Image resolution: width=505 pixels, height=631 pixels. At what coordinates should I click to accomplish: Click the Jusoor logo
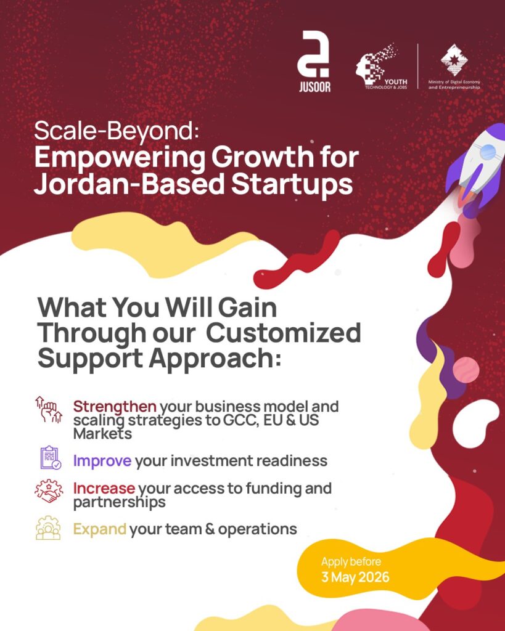pyautogui.click(x=314, y=62)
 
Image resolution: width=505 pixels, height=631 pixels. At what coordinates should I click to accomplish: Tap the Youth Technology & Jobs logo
pyautogui.click(x=381, y=66)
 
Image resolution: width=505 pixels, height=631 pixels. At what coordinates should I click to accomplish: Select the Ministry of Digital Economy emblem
pyautogui.click(x=454, y=60)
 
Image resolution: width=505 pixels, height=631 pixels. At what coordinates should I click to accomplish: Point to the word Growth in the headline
pyautogui.click(x=262, y=157)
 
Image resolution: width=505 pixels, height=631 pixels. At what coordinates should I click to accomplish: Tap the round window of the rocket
pyautogui.click(x=488, y=152)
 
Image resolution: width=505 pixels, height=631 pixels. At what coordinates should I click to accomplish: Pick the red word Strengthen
pyautogui.click(x=115, y=407)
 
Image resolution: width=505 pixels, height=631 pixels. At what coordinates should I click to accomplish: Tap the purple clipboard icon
pyautogui.click(x=51, y=458)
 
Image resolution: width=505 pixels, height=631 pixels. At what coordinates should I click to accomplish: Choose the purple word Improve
pyautogui.click(x=102, y=461)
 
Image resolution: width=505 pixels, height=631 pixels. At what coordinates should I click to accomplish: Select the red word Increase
pyautogui.click(x=104, y=488)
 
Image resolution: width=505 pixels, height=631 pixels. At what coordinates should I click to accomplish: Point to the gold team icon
pyautogui.click(x=48, y=527)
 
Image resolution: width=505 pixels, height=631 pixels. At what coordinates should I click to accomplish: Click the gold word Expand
pyautogui.click(x=99, y=529)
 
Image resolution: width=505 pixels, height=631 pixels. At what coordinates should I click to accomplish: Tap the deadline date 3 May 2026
pyautogui.click(x=355, y=577)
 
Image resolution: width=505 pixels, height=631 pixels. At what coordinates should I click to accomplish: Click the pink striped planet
pyautogui.click(x=466, y=370)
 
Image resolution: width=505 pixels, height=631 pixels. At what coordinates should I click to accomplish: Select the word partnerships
pyautogui.click(x=119, y=503)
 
